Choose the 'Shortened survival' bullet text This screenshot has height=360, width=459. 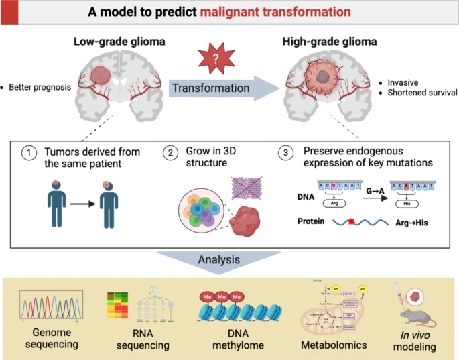(421, 92)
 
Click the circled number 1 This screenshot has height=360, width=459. (28, 154)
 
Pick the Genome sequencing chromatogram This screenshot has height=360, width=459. (50, 308)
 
